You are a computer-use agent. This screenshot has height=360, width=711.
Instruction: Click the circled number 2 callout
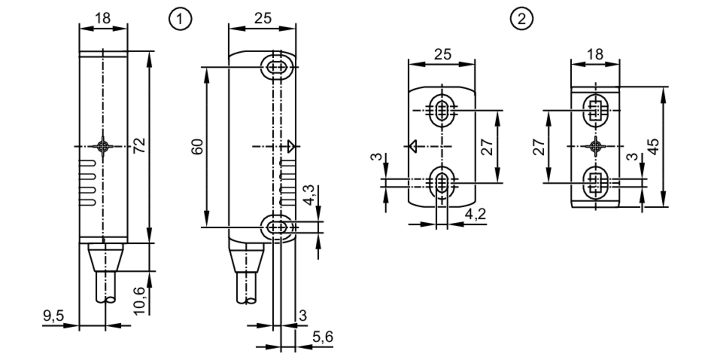522,18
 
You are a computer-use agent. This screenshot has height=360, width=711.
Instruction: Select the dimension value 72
139,145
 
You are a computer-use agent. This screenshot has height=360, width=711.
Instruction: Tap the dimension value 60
198,147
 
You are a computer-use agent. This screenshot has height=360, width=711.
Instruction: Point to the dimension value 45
653,146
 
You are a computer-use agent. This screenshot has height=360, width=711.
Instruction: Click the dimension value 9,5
53,316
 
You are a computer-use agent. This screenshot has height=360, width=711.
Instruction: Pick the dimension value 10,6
140,301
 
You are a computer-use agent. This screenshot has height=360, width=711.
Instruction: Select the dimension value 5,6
323,337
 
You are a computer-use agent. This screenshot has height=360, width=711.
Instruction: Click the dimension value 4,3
309,195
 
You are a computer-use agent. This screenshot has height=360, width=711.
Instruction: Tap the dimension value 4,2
475,214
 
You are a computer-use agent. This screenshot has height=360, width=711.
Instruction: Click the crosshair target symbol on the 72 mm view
103,146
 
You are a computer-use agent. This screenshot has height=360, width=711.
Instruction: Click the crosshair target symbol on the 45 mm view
595,146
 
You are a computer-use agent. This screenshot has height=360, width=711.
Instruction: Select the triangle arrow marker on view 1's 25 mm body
291,146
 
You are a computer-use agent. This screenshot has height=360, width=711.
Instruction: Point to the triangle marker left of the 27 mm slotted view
413,146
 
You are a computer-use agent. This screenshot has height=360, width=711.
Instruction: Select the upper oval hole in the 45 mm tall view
595,111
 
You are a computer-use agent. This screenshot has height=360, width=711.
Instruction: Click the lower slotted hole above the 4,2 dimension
442,182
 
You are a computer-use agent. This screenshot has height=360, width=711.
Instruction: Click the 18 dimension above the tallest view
103,18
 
